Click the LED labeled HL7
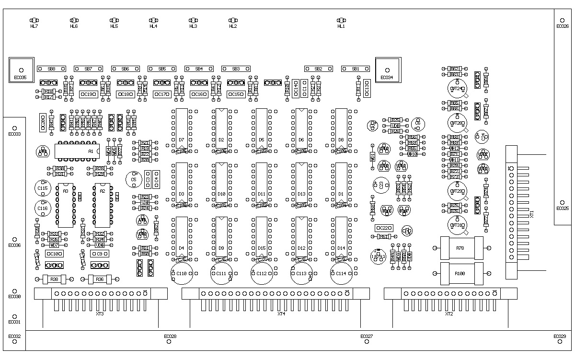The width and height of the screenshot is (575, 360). click(34, 21)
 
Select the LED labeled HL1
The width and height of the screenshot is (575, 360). click(341, 21)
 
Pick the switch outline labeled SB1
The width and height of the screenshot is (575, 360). click(356, 69)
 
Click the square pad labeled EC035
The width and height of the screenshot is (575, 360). click(21, 70)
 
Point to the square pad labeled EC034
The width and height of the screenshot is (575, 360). click(387, 70)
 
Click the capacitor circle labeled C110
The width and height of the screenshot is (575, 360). click(182, 273)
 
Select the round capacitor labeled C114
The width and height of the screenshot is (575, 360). click(342, 273)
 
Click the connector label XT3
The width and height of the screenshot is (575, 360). click(100, 314)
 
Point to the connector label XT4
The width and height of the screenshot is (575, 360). click(281, 314)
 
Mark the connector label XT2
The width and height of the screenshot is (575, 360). click(449, 314)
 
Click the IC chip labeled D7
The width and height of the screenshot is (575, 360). click(181, 129)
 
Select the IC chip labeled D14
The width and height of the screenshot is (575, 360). click(341, 237)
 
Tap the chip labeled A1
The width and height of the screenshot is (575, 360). click(77, 151)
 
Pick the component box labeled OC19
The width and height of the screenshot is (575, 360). click(88, 94)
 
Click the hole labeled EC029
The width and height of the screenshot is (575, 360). click(559, 341)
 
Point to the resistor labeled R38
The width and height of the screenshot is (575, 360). click(54, 279)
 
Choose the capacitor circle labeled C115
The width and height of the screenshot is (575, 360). click(43, 188)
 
